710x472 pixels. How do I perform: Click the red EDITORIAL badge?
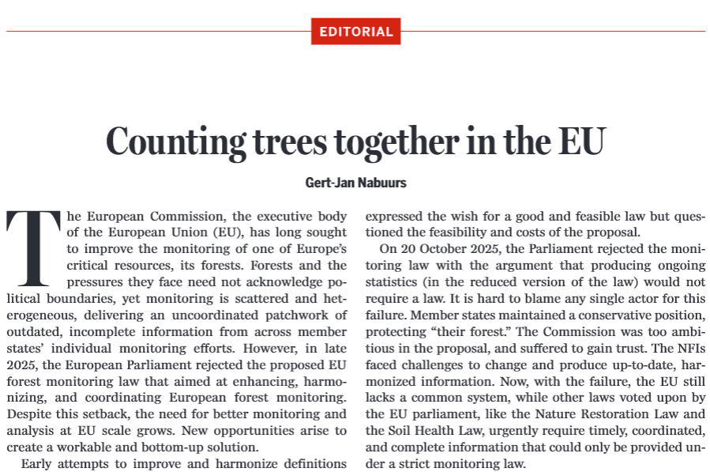click(355, 32)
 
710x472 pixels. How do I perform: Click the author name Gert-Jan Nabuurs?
click(355, 183)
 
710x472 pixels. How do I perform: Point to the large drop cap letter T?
click(32, 247)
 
